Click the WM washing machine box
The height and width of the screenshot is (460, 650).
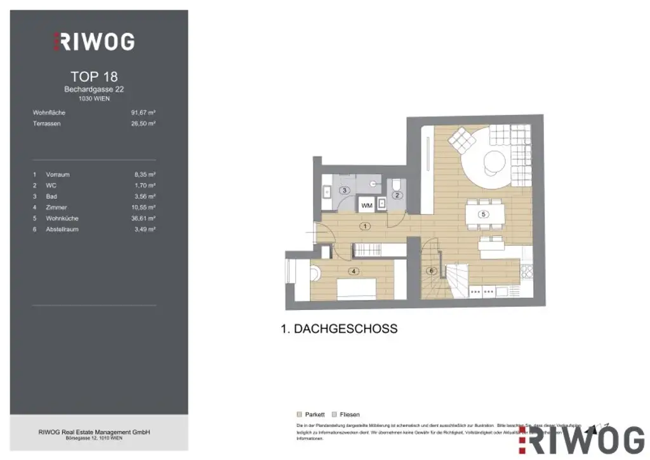point(366,205)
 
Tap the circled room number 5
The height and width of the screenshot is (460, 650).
point(484,214)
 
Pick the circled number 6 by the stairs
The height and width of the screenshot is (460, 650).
point(432,271)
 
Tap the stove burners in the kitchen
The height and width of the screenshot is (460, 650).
point(526,273)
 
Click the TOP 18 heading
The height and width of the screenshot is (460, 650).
point(94,77)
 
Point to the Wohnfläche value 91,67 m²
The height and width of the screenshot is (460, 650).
point(143,112)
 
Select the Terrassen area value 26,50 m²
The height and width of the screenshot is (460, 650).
point(143,123)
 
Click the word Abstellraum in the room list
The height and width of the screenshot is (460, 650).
point(62,229)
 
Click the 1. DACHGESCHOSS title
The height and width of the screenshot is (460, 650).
point(339,328)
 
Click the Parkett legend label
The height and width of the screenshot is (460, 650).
point(315,414)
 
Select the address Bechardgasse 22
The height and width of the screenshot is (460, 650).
point(94,90)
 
